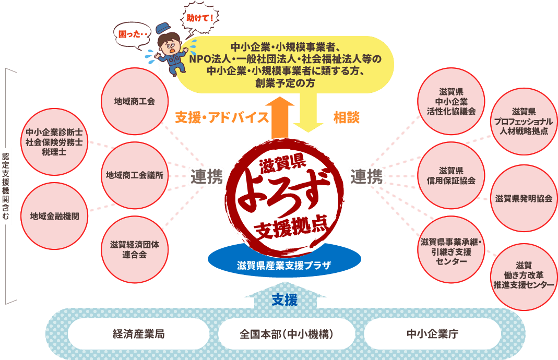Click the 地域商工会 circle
[134, 101]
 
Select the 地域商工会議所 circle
[134, 175]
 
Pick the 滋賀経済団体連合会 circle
[134, 249]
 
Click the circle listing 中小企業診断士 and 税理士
[54, 141]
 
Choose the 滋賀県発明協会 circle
[524, 198]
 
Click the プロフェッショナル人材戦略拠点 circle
[524, 121]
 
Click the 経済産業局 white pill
[138, 334]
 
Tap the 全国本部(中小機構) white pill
[286, 334]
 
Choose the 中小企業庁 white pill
[432, 334]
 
